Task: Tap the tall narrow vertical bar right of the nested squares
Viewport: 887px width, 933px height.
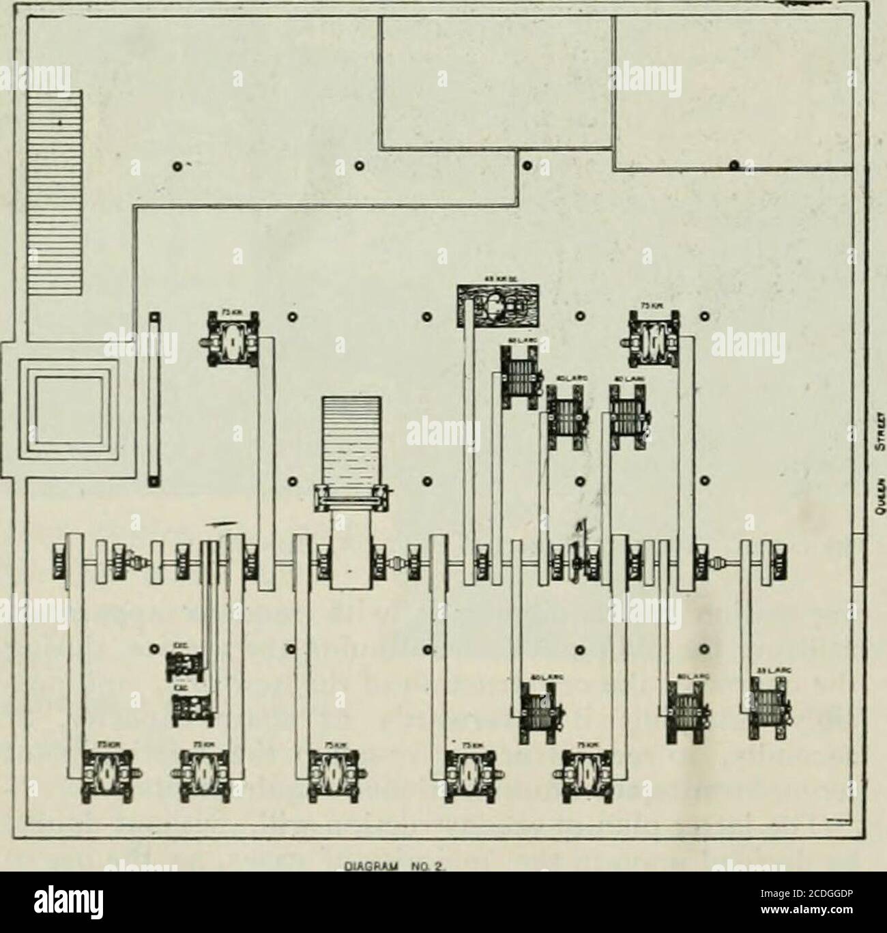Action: coord(155,399)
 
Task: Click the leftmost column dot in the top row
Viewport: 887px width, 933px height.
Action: coord(177,165)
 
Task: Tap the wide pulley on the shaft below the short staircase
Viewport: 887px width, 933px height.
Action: coord(351,561)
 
